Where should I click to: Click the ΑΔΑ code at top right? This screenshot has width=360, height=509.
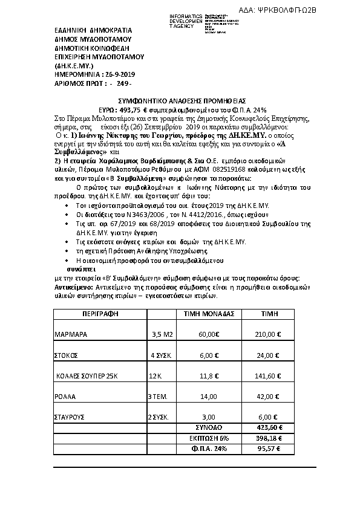tap(310, 10)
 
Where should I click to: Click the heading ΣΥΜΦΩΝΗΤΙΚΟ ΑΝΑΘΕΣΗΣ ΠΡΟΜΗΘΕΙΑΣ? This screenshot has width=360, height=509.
tap(181, 100)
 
